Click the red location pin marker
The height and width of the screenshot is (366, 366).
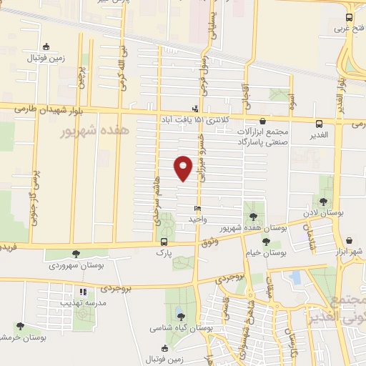183,167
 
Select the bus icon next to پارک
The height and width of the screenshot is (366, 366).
164,242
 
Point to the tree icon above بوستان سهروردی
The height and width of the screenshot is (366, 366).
76,254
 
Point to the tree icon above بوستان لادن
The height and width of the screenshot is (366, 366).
324,202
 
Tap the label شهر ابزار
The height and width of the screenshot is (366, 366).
348,252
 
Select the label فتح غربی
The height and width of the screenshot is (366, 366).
350,29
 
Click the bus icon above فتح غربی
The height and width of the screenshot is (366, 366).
348,17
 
